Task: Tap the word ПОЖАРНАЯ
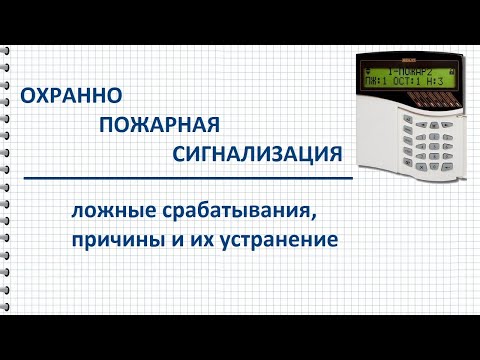coord(159,125)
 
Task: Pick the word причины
coord(114,240)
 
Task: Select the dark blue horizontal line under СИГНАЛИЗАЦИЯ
coord(190,178)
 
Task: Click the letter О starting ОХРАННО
coord(30,96)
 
